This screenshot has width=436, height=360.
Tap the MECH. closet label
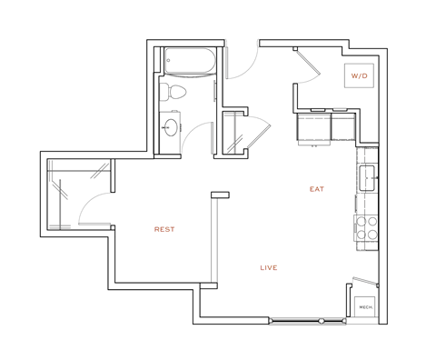(x=366, y=307)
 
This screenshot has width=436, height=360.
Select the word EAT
(x=316, y=189)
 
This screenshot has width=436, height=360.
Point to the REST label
(x=164, y=229)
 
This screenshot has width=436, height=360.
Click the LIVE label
(x=268, y=267)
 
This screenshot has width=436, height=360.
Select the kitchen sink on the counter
(x=368, y=177)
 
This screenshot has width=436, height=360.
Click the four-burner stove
(x=366, y=227)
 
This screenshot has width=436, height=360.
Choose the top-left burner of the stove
(x=361, y=221)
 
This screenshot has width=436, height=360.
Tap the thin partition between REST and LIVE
(x=214, y=241)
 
